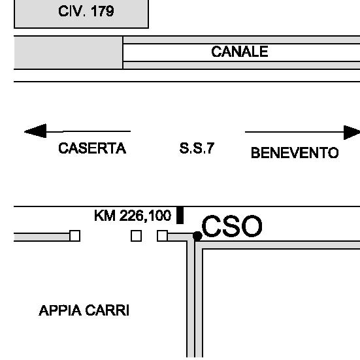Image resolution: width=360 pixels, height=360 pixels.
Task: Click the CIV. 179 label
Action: (x=86, y=11)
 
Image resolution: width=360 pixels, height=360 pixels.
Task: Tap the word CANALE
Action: (x=240, y=52)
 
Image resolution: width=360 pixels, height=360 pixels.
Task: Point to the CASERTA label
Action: (x=92, y=148)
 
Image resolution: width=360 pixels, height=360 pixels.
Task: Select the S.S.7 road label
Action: (x=197, y=148)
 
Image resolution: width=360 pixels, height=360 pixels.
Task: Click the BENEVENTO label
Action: (x=295, y=153)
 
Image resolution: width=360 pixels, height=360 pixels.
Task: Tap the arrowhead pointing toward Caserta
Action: (x=35, y=131)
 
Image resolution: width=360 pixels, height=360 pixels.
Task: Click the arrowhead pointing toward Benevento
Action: (x=352, y=133)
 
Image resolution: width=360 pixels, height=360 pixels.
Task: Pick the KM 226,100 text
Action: (x=133, y=216)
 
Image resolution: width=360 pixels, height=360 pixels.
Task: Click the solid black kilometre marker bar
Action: (x=180, y=215)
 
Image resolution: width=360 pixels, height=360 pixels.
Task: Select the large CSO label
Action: (x=232, y=226)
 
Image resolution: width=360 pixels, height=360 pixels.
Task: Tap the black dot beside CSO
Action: (x=197, y=236)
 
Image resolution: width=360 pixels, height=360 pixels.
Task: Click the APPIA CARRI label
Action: (x=84, y=310)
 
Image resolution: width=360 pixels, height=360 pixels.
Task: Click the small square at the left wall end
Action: (x=75, y=236)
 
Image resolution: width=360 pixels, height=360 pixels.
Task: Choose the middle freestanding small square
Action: (x=136, y=236)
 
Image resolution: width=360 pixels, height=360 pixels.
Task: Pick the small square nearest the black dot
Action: (x=162, y=236)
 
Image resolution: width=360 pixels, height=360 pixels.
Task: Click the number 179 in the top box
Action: (x=103, y=11)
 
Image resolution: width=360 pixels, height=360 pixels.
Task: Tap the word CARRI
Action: (x=107, y=310)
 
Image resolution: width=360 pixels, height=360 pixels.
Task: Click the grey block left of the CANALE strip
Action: (x=69, y=52)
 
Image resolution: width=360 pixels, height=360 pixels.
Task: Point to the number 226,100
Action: (x=145, y=216)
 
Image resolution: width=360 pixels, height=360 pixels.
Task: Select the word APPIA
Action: (x=60, y=310)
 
